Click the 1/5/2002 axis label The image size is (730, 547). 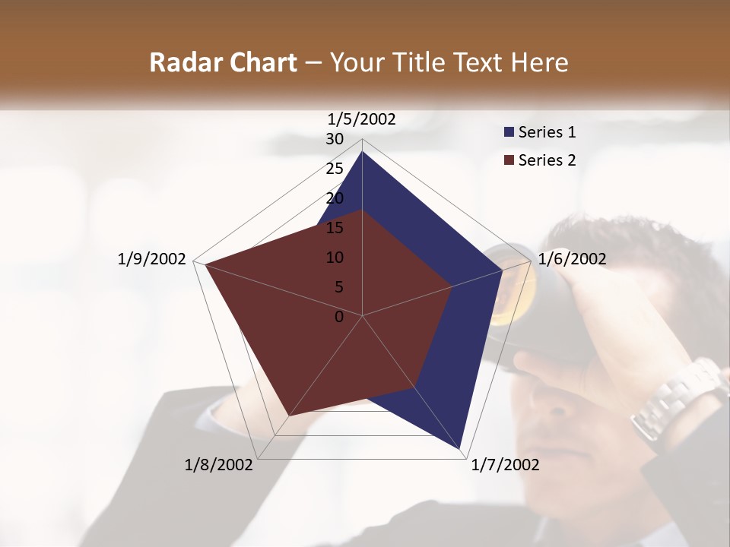coord(361,119)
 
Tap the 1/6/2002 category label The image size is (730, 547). coord(572,259)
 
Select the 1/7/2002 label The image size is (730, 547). coord(505,465)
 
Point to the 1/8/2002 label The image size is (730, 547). coord(219,465)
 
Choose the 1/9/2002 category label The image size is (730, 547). coord(151,259)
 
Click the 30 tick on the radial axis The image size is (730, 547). coord(335,139)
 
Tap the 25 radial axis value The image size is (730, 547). coord(335,169)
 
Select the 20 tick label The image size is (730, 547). coord(335,198)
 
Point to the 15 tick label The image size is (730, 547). coord(335,228)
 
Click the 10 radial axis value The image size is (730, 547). coord(335,258)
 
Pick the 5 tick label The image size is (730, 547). coord(339,287)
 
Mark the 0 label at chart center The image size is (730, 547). coord(339,317)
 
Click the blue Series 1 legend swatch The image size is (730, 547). coord(509,133)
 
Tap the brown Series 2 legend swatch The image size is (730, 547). coord(509,160)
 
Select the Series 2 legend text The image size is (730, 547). coord(547,160)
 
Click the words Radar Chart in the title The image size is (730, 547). coord(223,62)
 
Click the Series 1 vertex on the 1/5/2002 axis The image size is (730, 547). coord(362,152)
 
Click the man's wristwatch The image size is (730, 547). coord(673,399)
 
